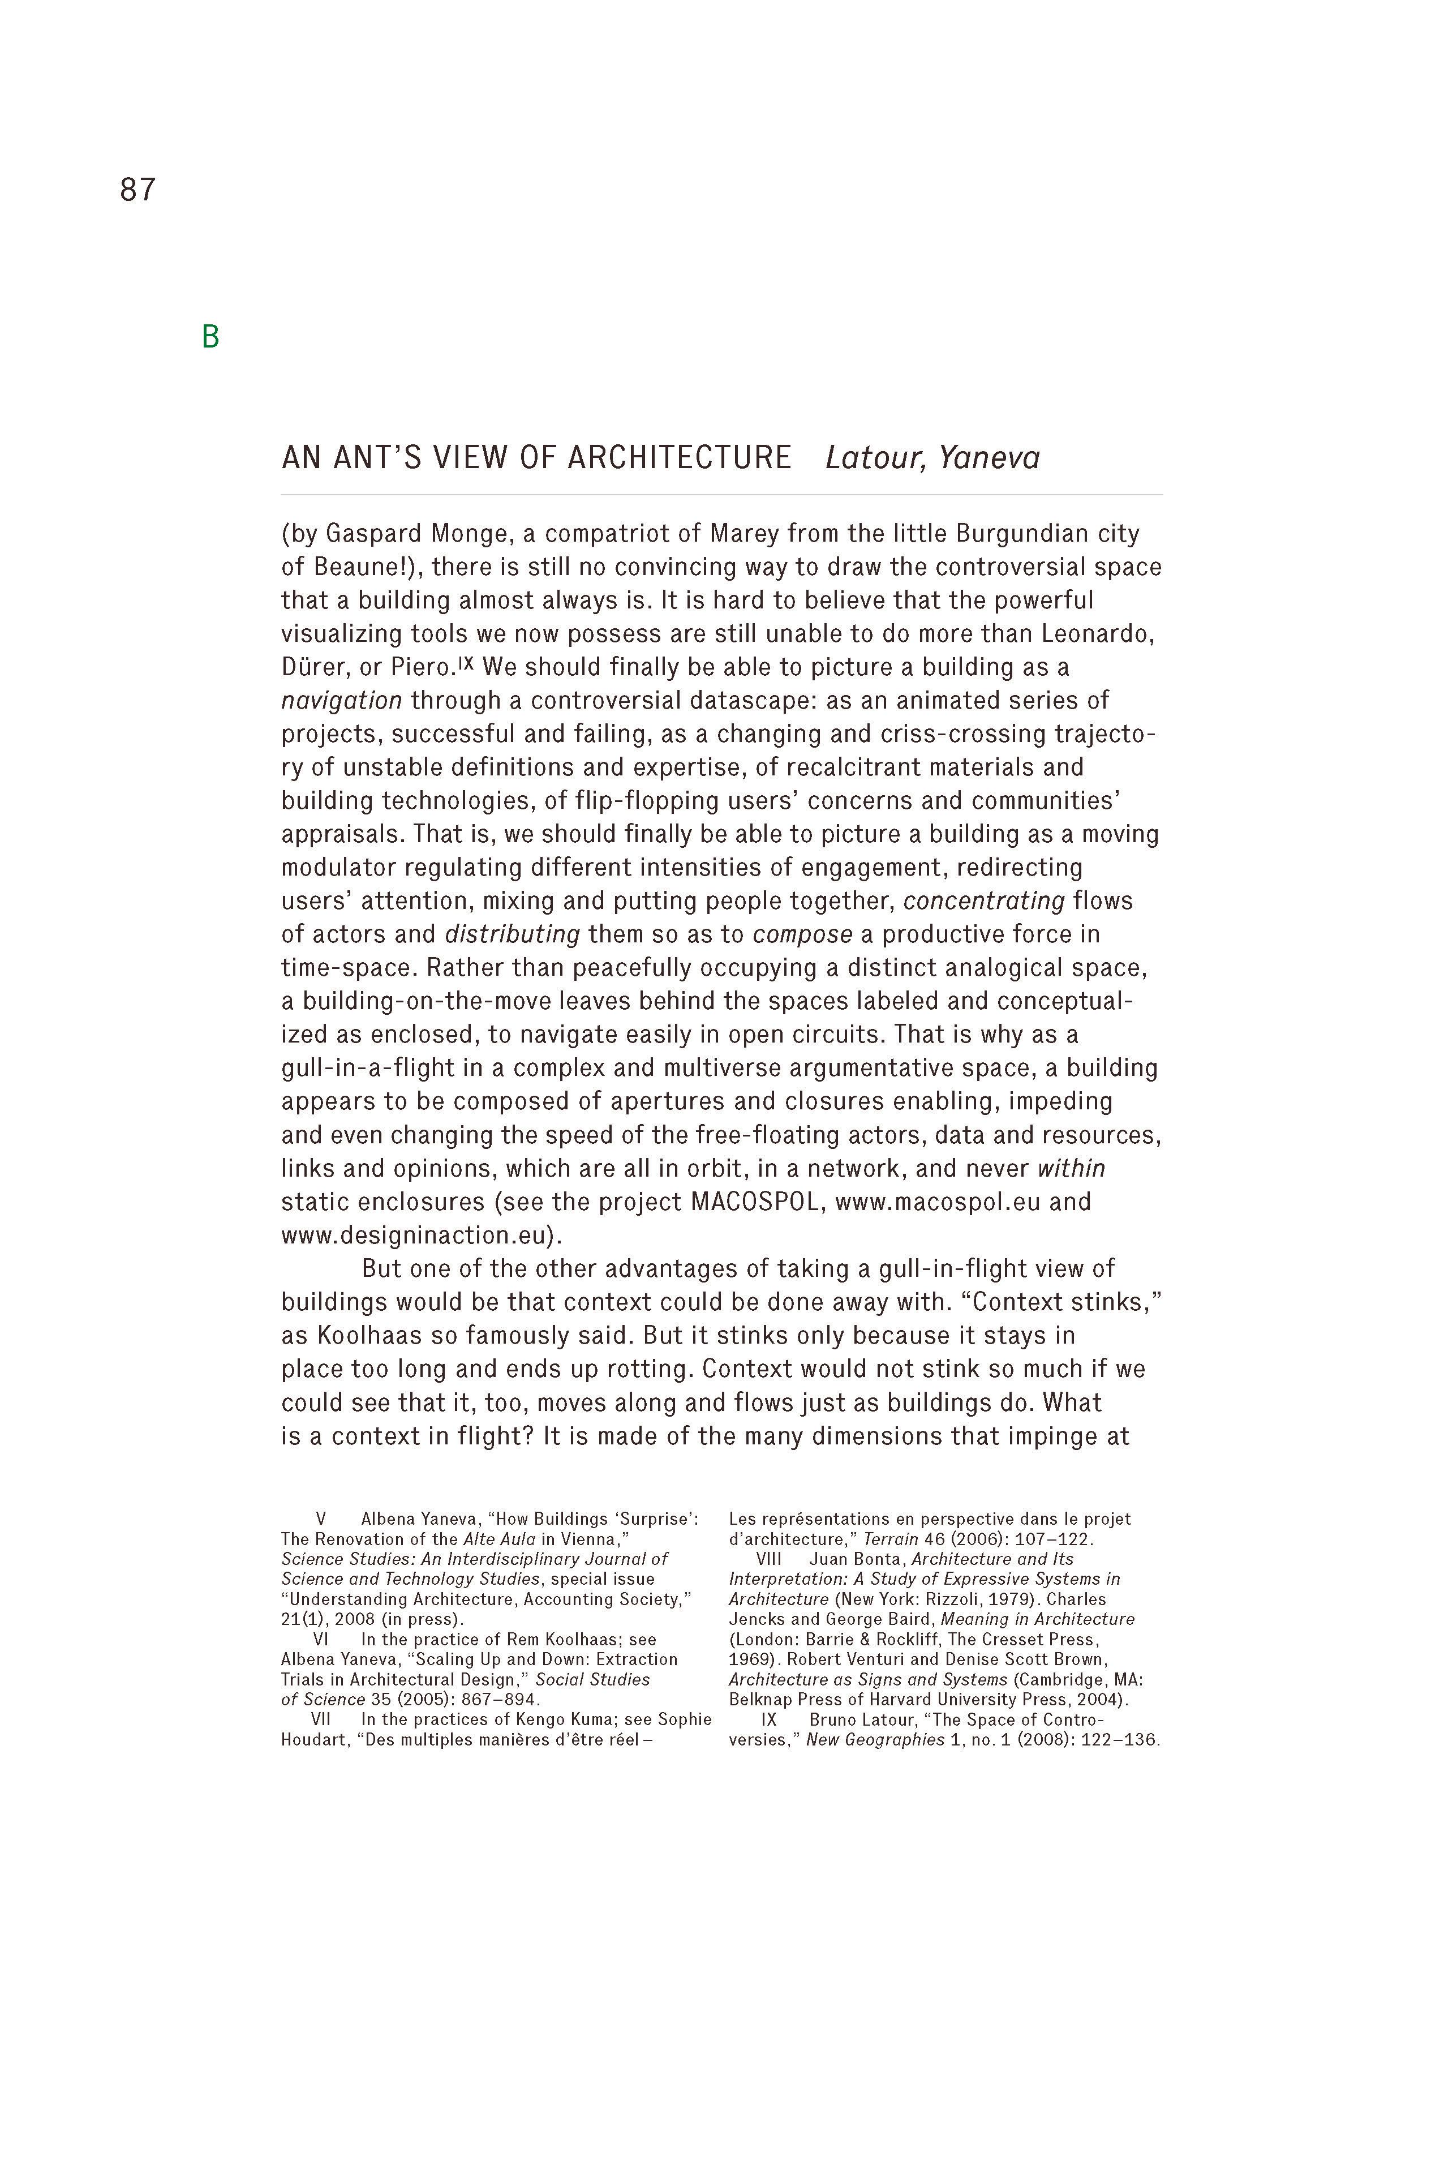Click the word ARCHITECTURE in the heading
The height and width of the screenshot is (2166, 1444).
[x=679, y=458]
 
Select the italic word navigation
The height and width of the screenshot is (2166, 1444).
[x=342, y=701]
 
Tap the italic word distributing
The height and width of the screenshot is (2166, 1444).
[x=512, y=935]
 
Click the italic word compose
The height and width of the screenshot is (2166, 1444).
[x=802, y=935]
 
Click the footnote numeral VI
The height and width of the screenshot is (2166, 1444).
[x=320, y=1639]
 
